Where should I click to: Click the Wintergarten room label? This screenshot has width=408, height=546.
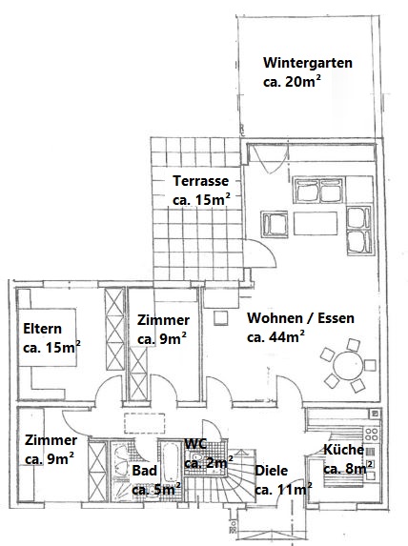308,63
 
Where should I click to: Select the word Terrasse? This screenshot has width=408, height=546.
199,181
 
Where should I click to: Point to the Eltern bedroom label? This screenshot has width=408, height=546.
43,330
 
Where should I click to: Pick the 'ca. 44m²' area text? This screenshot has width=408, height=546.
275,336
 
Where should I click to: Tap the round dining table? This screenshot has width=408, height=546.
345,365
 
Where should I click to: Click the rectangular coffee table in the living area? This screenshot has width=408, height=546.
312,222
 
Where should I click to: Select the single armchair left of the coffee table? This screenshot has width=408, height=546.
275,224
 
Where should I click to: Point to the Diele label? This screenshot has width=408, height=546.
272,471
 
